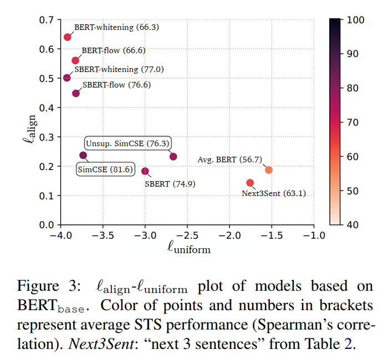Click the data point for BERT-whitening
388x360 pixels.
pyautogui.click(x=68, y=37)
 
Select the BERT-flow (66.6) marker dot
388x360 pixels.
pyautogui.click(x=75, y=60)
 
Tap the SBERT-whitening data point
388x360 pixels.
pyautogui.click(x=67, y=78)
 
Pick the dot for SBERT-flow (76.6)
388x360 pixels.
pyautogui.click(x=76, y=93)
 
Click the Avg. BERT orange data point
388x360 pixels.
pyautogui.click(x=269, y=170)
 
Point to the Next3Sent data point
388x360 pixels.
pyautogui.click(x=250, y=183)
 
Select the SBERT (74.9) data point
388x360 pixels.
pyautogui.click(x=145, y=171)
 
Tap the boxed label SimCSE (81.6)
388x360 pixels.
pyautogui.click(x=105, y=169)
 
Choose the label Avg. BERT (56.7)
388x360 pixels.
pyautogui.click(x=229, y=160)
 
